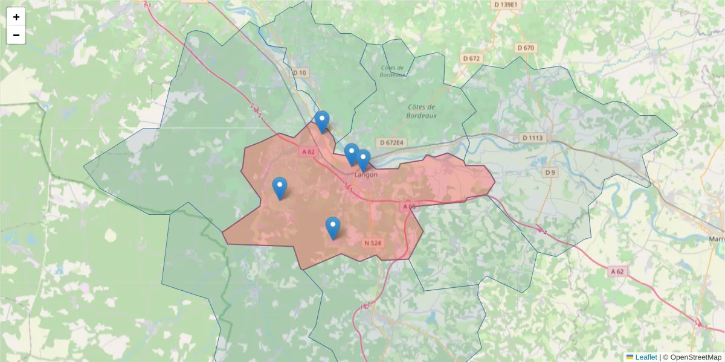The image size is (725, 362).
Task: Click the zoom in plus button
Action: [x=16, y=17]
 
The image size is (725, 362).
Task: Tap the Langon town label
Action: [x=366, y=175]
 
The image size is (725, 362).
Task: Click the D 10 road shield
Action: [x=300, y=73]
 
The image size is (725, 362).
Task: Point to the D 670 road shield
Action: [x=526, y=48]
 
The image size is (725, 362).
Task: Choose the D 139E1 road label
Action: [x=506, y=5]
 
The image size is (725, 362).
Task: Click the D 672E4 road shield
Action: [x=391, y=143]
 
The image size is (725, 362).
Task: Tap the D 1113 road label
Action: [x=532, y=138]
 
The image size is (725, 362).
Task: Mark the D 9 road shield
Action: [x=549, y=173]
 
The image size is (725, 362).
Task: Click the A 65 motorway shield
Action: [x=409, y=206]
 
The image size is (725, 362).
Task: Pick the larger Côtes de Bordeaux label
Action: [x=421, y=111]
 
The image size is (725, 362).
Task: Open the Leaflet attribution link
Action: [x=646, y=357]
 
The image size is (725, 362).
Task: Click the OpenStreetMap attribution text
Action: [x=695, y=357]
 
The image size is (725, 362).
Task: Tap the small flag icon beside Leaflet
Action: [x=630, y=357]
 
